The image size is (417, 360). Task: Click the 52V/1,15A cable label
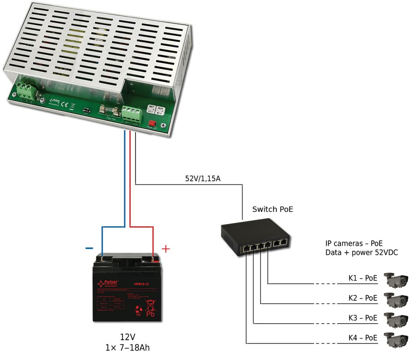[203, 178]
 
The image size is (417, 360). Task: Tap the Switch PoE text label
[272, 209]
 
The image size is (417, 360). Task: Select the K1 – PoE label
[363, 279]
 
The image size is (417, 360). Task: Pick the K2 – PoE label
[363, 298]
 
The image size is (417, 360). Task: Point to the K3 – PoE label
[363, 318]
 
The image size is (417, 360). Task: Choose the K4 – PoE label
[363, 338]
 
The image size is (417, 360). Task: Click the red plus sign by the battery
[166, 248]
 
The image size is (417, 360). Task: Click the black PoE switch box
[255, 236]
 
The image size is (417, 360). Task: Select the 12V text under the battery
[127, 337]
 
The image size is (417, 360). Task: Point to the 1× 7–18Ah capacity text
[127, 347]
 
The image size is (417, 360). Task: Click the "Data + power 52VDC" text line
[361, 253]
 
